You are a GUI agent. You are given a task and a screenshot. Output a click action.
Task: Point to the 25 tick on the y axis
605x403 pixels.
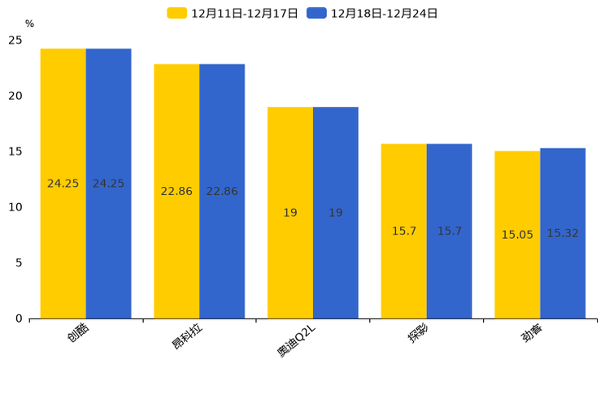coord(15,40)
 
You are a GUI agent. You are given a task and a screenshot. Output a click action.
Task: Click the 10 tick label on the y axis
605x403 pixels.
coord(15,207)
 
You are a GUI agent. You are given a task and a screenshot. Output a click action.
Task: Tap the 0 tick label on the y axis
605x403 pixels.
coord(19,318)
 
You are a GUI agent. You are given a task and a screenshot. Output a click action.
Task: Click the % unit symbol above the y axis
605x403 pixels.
coord(30,24)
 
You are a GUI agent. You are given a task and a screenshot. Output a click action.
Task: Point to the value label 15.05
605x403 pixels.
coord(517,235)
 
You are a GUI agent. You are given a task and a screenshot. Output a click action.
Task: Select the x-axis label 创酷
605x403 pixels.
coord(79,334)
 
